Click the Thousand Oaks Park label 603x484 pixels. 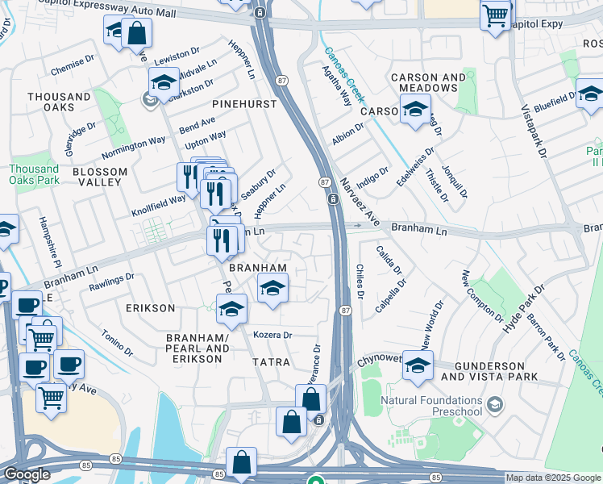click(34, 174)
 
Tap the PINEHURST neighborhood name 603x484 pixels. click(244, 105)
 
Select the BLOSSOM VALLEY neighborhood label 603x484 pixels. click(100, 177)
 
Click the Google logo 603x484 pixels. click(26, 474)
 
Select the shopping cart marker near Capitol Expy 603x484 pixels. click(496, 14)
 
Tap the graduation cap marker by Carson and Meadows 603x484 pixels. click(415, 109)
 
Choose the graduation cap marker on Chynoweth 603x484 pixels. click(418, 365)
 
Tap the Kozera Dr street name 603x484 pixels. click(272, 335)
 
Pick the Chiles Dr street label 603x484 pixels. click(360, 282)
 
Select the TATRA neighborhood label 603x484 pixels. click(271, 362)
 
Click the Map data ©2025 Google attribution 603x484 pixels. click(553, 478)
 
